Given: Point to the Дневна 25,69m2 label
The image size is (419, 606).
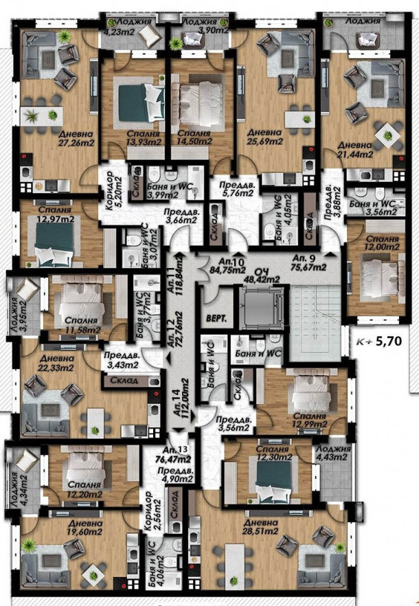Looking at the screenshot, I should pyautogui.click(x=265, y=135).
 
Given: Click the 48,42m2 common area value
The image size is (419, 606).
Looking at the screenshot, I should pyautogui.click(x=262, y=279).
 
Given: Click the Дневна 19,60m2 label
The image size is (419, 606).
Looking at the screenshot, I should pyautogui.click(x=65, y=526).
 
